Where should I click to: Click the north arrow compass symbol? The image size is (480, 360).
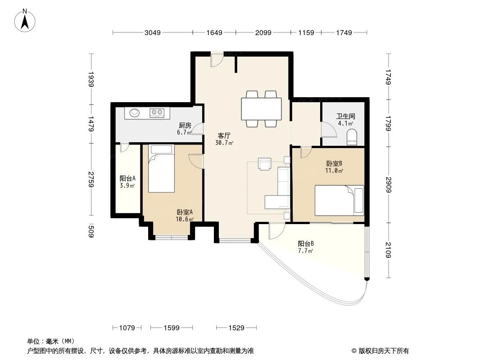[25, 21]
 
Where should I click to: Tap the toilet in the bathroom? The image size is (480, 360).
[352, 137]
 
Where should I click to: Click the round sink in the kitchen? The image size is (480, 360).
[134, 113]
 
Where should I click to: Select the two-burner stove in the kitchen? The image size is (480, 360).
[157, 113]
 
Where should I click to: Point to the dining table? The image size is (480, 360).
[262, 109]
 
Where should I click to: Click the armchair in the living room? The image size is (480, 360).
[264, 164]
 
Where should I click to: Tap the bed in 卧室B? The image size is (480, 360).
[340, 200]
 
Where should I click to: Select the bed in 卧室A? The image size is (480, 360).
[161, 169]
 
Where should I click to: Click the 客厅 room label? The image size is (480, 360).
[224, 135]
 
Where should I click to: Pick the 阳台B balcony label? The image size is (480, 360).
[306, 244]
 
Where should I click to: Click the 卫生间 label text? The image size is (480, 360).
[346, 116]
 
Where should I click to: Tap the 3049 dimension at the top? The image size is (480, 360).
[153, 32]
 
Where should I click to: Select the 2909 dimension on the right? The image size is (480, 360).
[388, 184]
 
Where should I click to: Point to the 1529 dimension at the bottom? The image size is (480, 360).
[236, 328]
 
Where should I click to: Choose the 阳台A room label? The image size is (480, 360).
[127, 178]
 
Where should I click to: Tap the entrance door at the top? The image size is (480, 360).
[217, 60]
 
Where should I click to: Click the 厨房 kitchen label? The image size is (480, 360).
[185, 126]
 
